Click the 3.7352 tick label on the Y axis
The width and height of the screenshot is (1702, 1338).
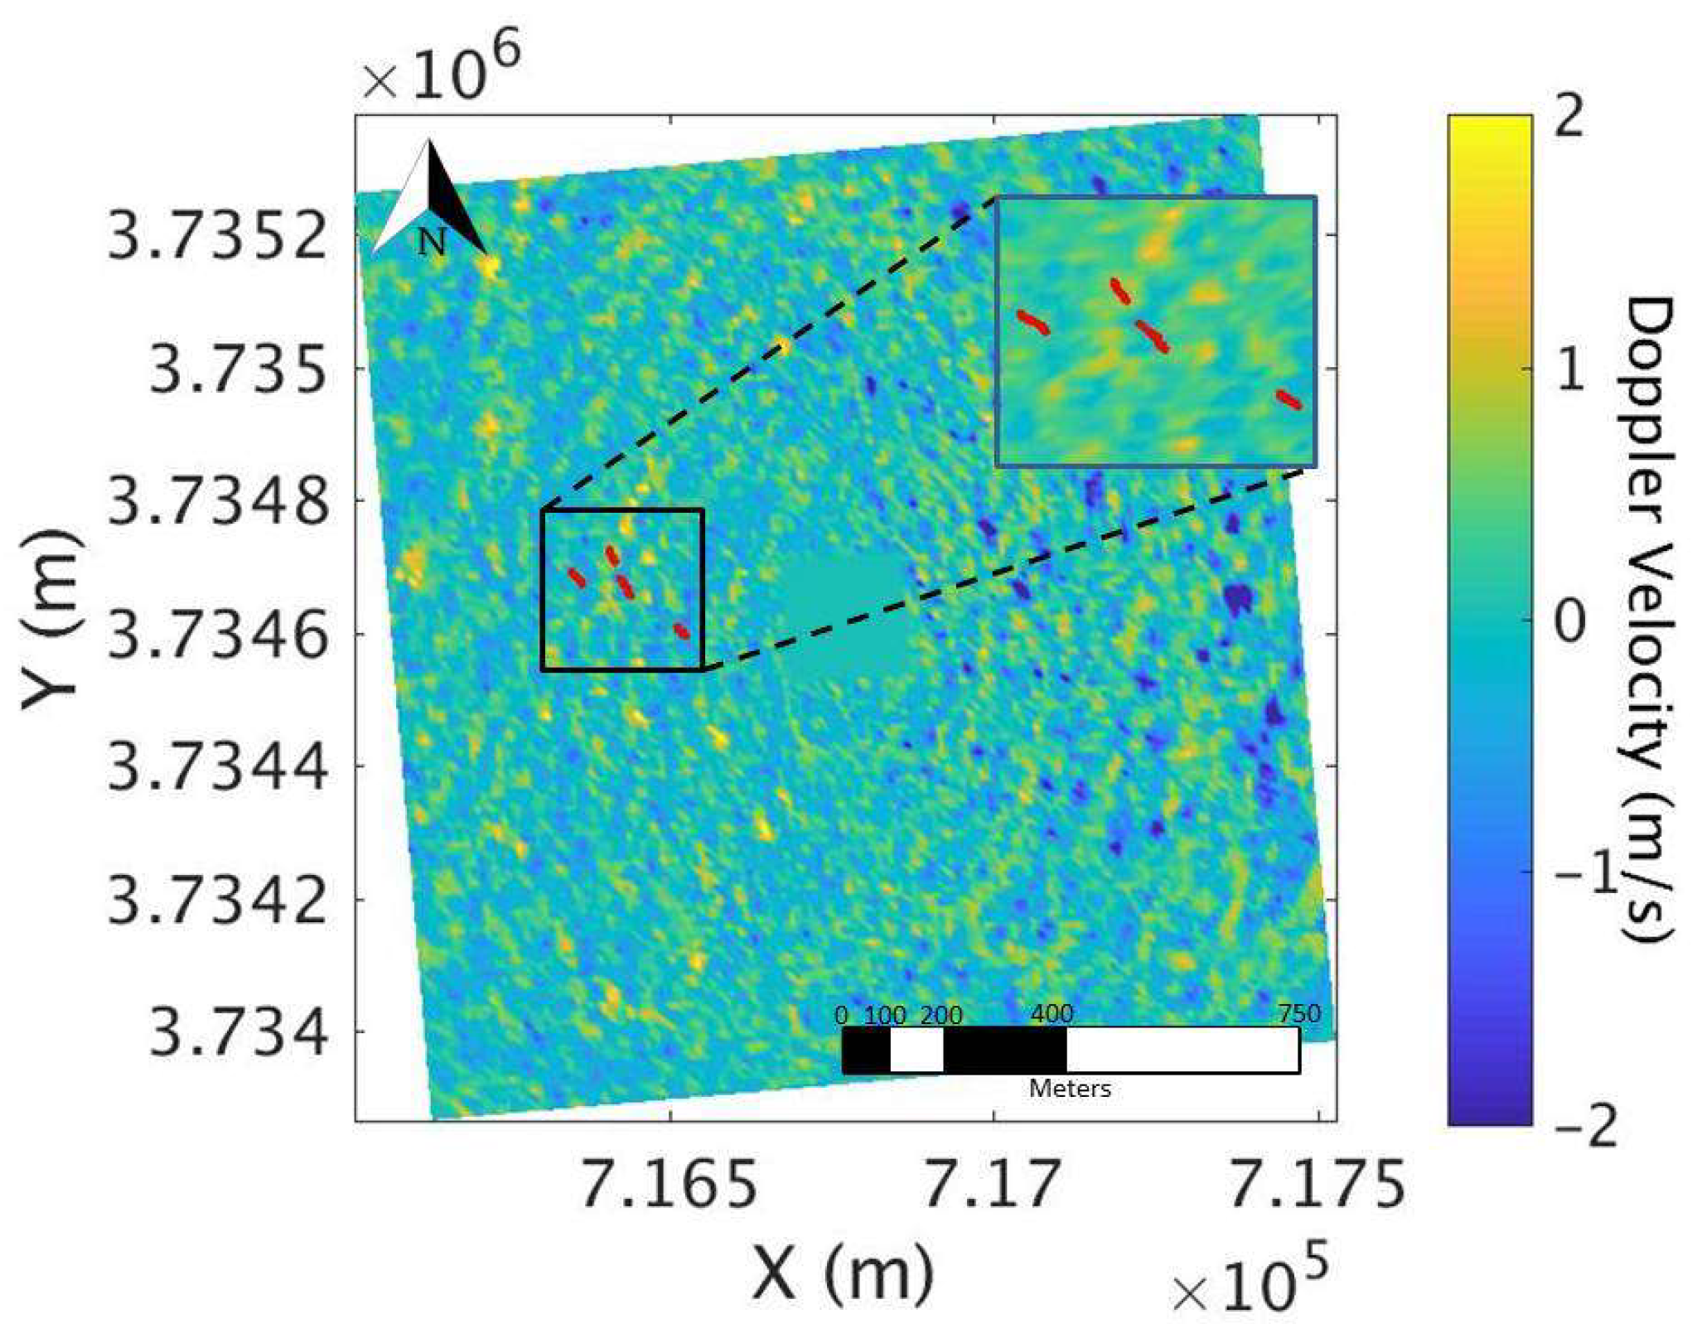point(218,235)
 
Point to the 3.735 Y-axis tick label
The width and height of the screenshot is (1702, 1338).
point(239,369)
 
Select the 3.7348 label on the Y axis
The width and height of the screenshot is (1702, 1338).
point(218,500)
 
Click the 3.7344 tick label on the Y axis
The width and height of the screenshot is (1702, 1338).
point(218,766)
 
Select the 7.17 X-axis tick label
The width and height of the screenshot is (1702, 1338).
point(992,1184)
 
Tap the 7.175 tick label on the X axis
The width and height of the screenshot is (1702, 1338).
point(1317,1184)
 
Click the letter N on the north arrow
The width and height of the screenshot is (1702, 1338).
point(432,242)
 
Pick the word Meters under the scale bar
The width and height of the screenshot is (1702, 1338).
point(1070,1088)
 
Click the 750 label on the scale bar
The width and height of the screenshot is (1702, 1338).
point(1298,1014)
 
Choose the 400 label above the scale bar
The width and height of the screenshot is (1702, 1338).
point(1052,1014)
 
